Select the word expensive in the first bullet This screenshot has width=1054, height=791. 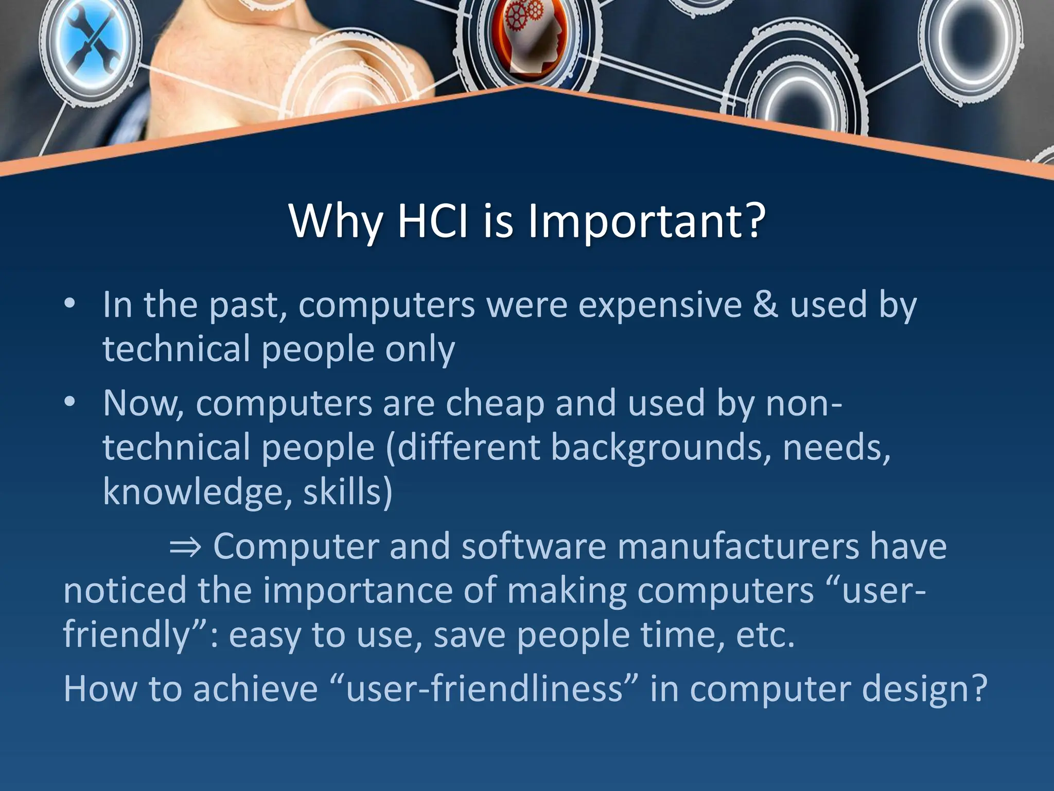point(660,305)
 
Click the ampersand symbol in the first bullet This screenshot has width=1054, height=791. point(766,305)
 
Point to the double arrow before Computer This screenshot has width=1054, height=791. point(185,547)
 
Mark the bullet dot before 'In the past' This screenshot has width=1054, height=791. point(70,303)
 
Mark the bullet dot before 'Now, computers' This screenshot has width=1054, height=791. point(70,401)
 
